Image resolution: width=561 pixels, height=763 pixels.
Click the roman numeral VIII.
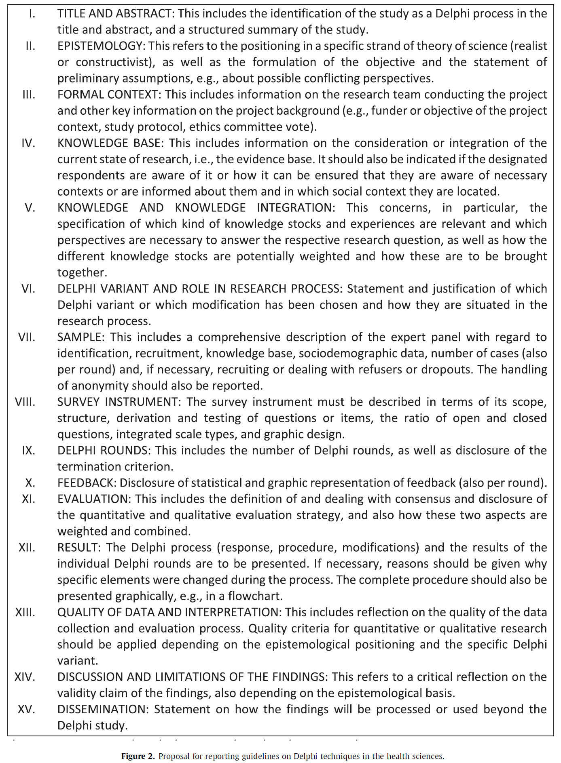(25, 402)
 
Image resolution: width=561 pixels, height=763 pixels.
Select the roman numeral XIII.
(25, 612)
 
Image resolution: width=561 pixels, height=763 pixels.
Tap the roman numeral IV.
(28, 143)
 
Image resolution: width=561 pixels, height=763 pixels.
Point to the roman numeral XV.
(27, 709)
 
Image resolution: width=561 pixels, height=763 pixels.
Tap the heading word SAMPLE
(81, 337)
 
